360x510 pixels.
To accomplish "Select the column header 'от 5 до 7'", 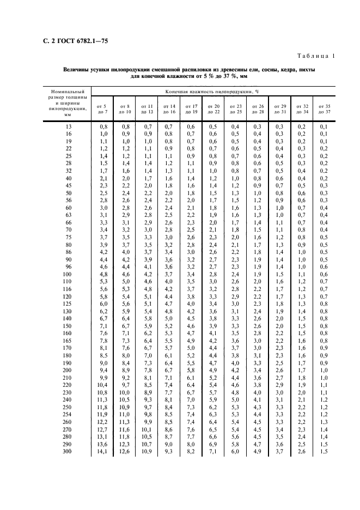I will (x=102, y=108).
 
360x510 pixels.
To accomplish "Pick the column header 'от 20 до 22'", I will (x=213, y=108).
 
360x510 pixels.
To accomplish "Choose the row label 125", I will (x=67, y=303).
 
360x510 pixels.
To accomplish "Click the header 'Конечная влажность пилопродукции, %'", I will (x=213, y=92).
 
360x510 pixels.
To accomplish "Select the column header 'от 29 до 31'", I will (x=280, y=108).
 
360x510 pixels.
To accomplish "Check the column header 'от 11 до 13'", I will (x=147, y=108).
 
